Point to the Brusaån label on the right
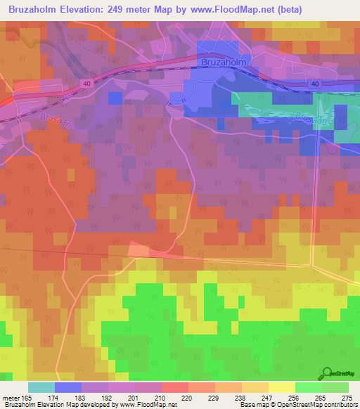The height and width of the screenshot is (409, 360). [x=310, y=118]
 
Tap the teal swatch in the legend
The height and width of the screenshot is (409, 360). [x=41, y=387]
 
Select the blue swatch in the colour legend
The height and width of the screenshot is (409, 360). [x=68, y=387]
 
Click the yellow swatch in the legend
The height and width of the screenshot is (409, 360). [x=281, y=387]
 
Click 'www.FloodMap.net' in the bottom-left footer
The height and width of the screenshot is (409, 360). [x=148, y=405]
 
